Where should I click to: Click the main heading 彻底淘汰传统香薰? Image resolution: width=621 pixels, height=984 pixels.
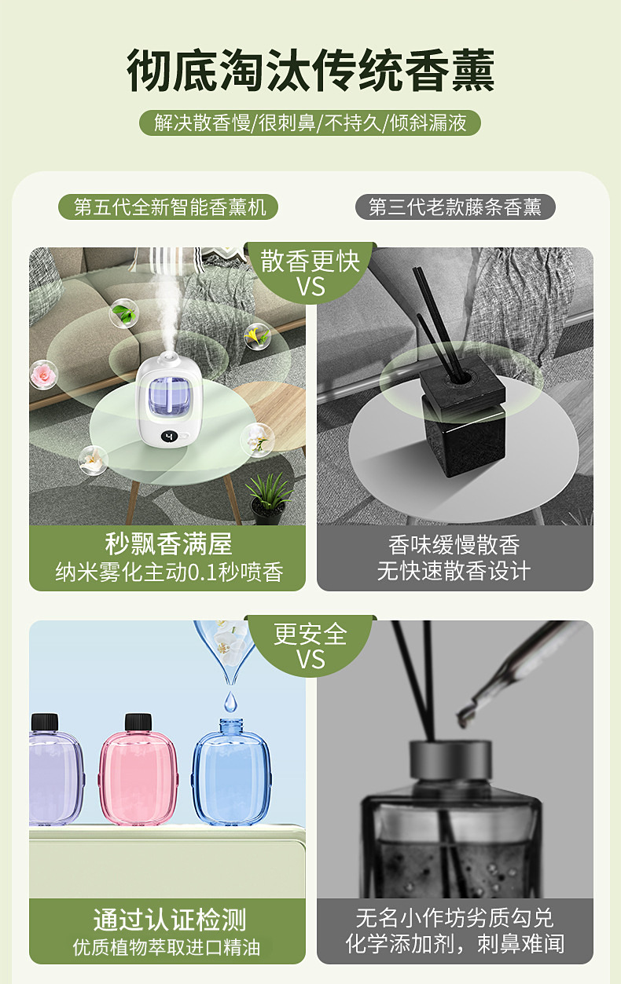pyautogui.click(x=310, y=71)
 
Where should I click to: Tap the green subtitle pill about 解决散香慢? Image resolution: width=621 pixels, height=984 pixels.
pyautogui.click(x=310, y=123)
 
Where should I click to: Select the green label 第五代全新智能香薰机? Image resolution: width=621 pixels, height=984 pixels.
pyautogui.click(x=170, y=207)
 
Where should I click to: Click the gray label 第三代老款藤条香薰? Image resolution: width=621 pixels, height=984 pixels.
pyautogui.click(x=455, y=207)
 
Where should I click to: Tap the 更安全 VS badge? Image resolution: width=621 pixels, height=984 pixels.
pyautogui.click(x=310, y=646)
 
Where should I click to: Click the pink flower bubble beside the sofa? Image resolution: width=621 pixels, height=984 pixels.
pyautogui.click(x=44, y=373)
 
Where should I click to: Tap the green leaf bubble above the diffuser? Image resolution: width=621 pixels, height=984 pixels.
pyautogui.click(x=123, y=313)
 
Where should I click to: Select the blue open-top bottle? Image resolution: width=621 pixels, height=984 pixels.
pyautogui.click(x=231, y=774)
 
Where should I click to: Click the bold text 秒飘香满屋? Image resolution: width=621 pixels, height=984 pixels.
pyautogui.click(x=168, y=544)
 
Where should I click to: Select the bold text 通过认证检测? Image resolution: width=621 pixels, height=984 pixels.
pyautogui.click(x=168, y=919)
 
